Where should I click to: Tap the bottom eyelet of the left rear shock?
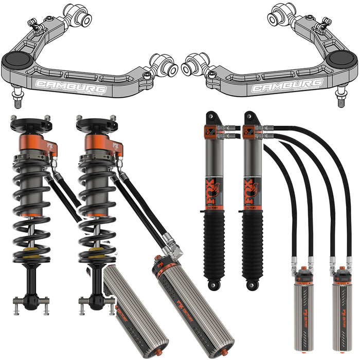coord(212,283)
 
